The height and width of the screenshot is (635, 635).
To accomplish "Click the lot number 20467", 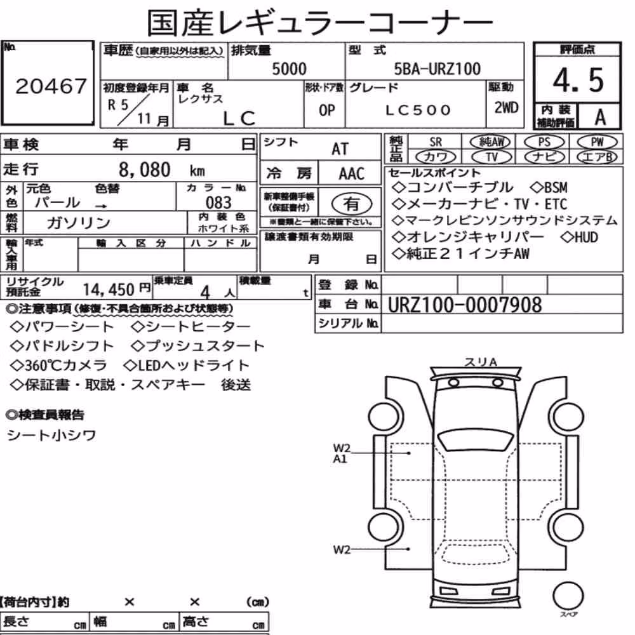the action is click(51, 86).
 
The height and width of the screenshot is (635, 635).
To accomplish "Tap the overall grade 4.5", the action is click(578, 80).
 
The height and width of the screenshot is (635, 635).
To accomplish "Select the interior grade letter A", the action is click(600, 117).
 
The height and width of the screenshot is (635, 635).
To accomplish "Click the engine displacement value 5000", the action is click(289, 69).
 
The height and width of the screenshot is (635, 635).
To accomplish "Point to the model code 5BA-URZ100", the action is click(438, 69).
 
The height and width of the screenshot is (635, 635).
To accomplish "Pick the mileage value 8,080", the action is click(145, 170).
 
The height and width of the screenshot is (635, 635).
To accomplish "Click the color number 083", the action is click(218, 202).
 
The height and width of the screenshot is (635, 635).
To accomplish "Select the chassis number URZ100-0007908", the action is click(465, 305).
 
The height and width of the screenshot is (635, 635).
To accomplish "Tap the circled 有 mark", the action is click(352, 204).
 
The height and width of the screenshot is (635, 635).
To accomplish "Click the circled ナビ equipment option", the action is click(544, 157).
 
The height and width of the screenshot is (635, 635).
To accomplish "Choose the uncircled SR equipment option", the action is click(436, 142).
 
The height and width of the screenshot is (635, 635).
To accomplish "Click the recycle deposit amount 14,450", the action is click(109, 290).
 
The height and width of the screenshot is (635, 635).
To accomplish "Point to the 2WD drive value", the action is click(506, 107).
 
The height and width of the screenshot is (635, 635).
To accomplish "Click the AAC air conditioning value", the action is click(352, 174).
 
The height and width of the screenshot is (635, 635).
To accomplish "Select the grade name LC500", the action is click(418, 110).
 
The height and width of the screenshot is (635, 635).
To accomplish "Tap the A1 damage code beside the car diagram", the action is click(340, 459).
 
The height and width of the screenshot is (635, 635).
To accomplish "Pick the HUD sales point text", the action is click(580, 237).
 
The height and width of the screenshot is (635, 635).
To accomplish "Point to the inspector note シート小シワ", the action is click(51, 436).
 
